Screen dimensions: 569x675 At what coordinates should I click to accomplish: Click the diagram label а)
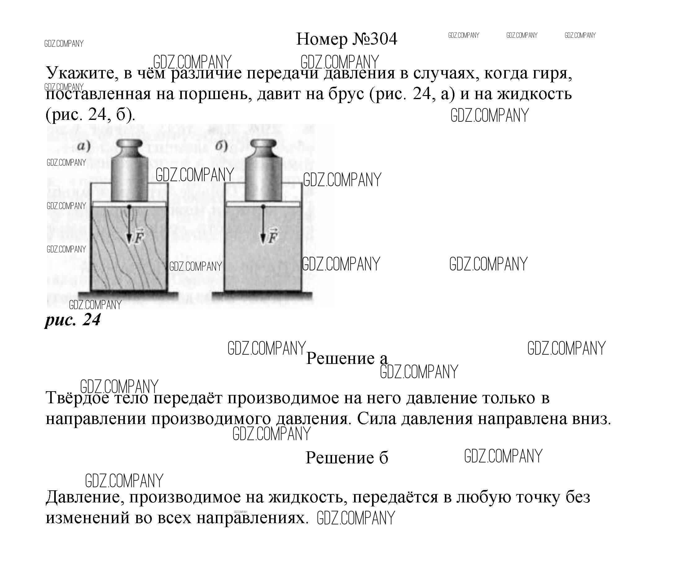pyautogui.click(x=84, y=146)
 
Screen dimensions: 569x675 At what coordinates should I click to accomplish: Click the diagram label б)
pyautogui.click(x=221, y=146)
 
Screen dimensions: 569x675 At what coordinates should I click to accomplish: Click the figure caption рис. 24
pyautogui.click(x=73, y=320)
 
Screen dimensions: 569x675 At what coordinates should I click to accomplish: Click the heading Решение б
pyautogui.click(x=346, y=457)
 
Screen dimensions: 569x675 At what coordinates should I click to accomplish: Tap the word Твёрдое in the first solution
pyautogui.click(x=77, y=398)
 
